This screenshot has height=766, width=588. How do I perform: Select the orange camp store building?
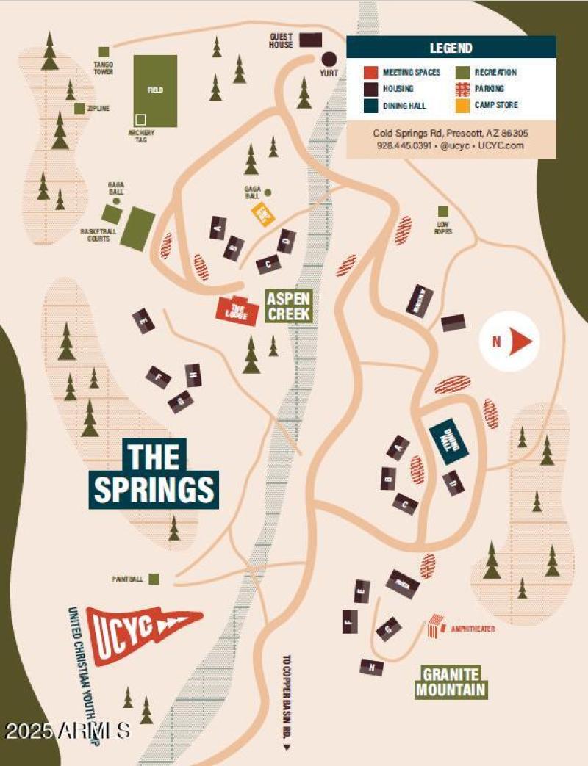[262, 214]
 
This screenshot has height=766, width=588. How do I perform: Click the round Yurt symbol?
[328, 58]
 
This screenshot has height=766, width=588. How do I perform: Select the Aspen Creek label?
[289, 306]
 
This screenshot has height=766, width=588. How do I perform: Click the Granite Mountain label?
[451, 682]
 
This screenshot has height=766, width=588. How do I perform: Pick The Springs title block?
[155, 473]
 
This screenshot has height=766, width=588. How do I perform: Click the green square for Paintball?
[154, 579]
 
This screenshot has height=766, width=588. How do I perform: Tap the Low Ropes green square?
[443, 212]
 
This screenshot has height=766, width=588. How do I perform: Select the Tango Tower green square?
[104, 52]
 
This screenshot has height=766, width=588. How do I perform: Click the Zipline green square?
[79, 109]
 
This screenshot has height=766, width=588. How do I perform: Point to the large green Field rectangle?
[155, 90]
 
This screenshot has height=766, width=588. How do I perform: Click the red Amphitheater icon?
[436, 626]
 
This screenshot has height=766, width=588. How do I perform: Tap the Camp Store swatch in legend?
[462, 105]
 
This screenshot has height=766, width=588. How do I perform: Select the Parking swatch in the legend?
[462, 89]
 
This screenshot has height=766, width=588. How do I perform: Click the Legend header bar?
[451, 48]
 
